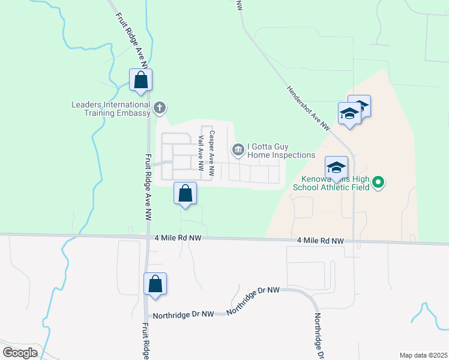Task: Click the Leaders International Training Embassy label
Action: tap(110, 109)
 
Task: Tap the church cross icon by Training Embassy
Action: tap(159, 108)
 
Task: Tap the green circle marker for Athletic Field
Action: tap(378, 181)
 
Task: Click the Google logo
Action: tap(20, 353)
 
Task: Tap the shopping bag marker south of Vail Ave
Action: tap(185, 194)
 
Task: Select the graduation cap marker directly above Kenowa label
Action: tap(336, 167)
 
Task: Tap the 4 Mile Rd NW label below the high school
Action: tap(321, 241)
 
